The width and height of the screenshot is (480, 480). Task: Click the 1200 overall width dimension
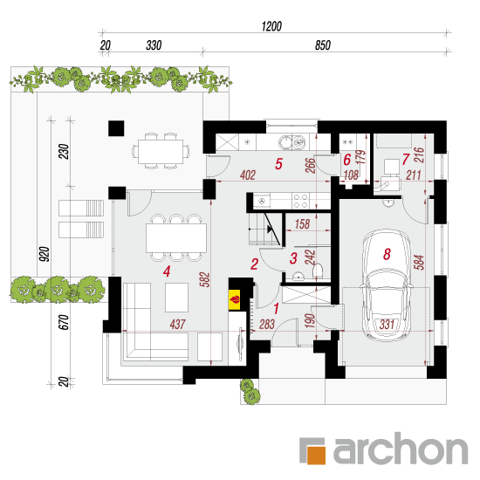coord(271,27)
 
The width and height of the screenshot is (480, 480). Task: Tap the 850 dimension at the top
coord(323,45)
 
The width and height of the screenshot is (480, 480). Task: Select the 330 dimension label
coord(154,45)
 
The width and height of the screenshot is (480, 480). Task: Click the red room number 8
coord(387,254)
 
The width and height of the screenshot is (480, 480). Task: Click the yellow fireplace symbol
coord(235,299)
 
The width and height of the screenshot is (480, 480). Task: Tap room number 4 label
coord(167,271)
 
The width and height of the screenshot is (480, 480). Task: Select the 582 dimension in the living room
coord(205,279)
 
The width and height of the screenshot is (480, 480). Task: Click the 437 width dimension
coord(177,324)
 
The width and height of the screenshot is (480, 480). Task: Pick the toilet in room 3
coord(318,271)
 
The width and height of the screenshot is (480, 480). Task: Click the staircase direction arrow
coord(271,229)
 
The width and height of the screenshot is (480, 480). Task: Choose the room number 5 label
coord(278,164)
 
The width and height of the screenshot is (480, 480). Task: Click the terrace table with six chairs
coord(161,151)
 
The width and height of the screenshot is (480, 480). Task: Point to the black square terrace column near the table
coord(116,128)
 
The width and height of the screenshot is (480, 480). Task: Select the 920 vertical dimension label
coord(45,254)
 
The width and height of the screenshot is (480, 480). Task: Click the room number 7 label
coord(406,159)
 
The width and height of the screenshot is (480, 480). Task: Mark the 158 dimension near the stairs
coord(302,224)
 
